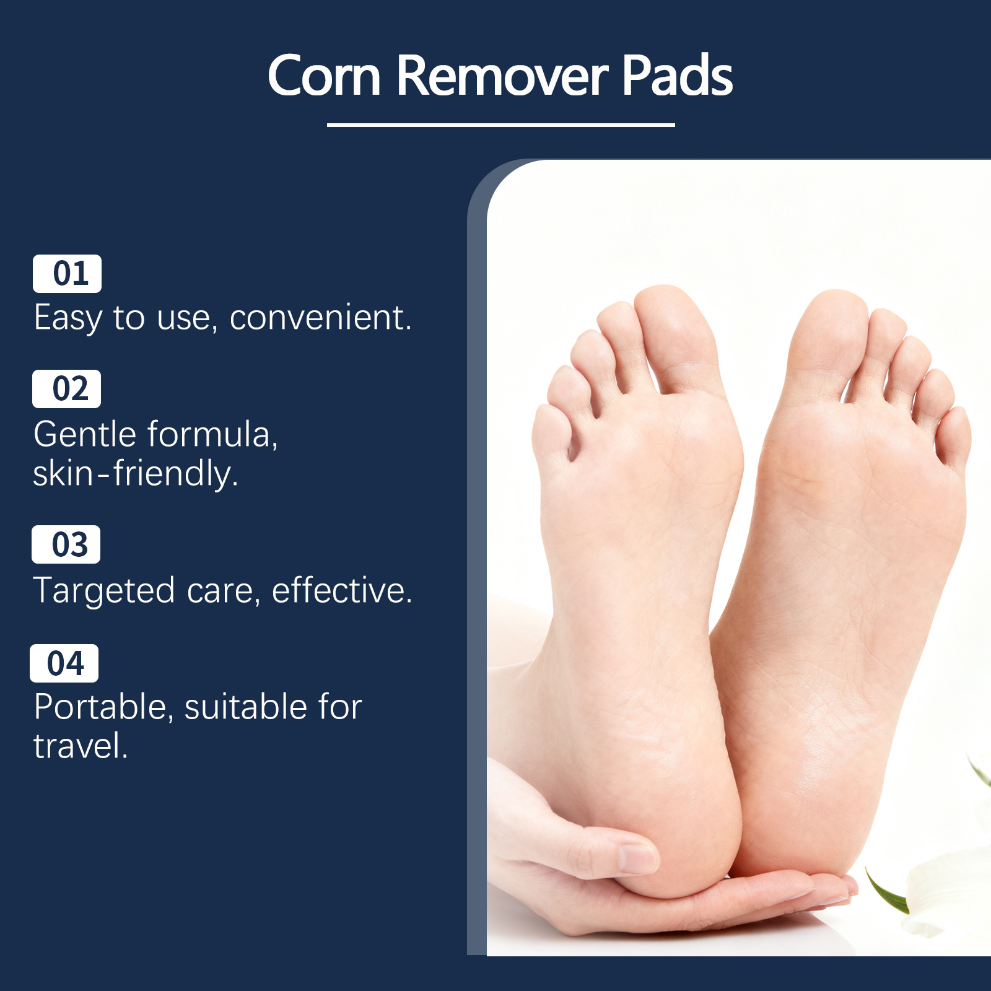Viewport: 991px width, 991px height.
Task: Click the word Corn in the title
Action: pyautogui.click(x=324, y=76)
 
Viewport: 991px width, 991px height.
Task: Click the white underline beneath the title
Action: pyautogui.click(x=500, y=124)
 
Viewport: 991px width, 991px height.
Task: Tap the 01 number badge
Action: pyautogui.click(x=67, y=273)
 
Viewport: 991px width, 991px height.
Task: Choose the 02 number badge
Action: pyautogui.click(x=66, y=389)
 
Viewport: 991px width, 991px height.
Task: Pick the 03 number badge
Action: pyautogui.click(x=66, y=544)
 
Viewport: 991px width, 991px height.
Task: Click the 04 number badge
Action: pyautogui.click(x=64, y=663)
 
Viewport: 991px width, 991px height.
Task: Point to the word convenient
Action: pyautogui.click(x=320, y=318)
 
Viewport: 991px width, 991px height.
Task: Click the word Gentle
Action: pyautogui.click(x=85, y=434)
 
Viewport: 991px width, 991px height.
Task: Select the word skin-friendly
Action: pyautogui.click(x=136, y=474)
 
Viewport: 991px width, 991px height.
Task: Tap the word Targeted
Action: pyautogui.click(x=104, y=591)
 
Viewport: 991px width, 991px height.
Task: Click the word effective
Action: pyautogui.click(x=342, y=590)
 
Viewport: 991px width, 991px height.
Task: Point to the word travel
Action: pyautogui.click(x=81, y=746)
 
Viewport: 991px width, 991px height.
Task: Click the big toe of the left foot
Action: pyautogui.click(x=676, y=338)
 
